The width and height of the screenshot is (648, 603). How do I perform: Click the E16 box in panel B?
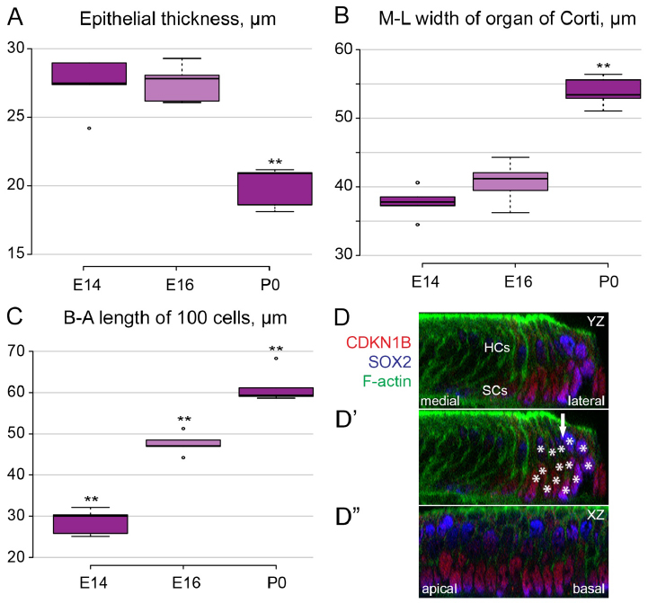point(510,182)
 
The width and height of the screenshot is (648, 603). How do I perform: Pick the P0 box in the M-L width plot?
point(609,89)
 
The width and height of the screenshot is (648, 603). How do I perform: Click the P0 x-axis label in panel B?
point(608,281)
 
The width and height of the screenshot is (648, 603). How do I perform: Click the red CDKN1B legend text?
point(370,342)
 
